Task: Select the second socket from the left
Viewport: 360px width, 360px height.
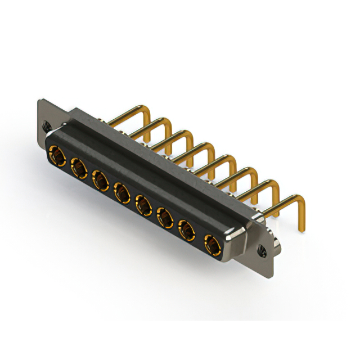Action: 78,167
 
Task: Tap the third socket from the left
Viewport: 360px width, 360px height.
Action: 100,180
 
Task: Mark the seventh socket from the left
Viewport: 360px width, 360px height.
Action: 187,230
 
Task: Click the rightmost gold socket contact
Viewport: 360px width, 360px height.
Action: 211,245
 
